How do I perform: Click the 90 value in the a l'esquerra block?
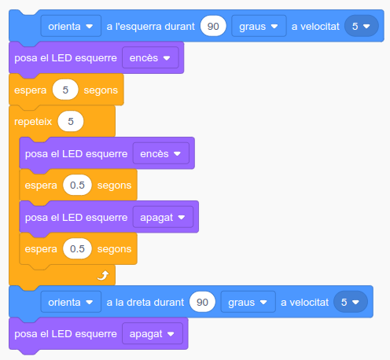213,26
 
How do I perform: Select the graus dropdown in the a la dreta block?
248,302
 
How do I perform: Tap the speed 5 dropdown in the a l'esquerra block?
362,26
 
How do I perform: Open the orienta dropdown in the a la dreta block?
71,302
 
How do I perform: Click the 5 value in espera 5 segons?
65,90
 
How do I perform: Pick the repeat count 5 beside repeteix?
71,121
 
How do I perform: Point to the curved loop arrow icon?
103,275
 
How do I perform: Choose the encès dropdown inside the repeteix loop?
161,153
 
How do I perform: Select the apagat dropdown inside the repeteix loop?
163,217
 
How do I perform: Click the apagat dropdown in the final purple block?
153,333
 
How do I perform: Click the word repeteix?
33,122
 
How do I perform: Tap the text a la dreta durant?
145,302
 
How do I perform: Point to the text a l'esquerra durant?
150,26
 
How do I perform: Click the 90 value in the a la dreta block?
202,302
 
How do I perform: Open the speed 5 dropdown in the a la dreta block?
351,302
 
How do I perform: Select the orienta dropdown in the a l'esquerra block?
71,26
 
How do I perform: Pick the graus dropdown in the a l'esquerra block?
259,26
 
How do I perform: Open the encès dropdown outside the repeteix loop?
150,57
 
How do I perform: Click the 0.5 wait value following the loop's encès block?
77,185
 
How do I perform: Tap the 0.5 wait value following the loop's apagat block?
77,248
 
